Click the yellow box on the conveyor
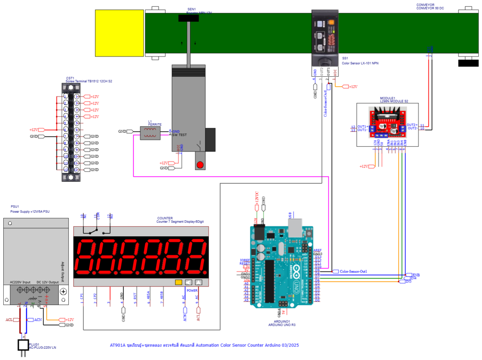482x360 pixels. pos(120,33)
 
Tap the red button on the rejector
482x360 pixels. pos(200,165)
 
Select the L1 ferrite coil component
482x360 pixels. pos(151,134)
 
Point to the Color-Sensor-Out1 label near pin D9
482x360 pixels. pos(350,271)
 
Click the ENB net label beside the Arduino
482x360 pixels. pos(416,274)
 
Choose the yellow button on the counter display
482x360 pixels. pos(178,282)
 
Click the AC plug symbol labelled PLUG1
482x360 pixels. pos(23,345)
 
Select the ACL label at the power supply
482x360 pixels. pos(9,320)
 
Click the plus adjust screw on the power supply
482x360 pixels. pos(64,291)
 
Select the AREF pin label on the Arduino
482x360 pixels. pos(317,250)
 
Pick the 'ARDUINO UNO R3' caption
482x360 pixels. pos(282,325)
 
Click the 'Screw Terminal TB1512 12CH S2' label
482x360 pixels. pos(89,81)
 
